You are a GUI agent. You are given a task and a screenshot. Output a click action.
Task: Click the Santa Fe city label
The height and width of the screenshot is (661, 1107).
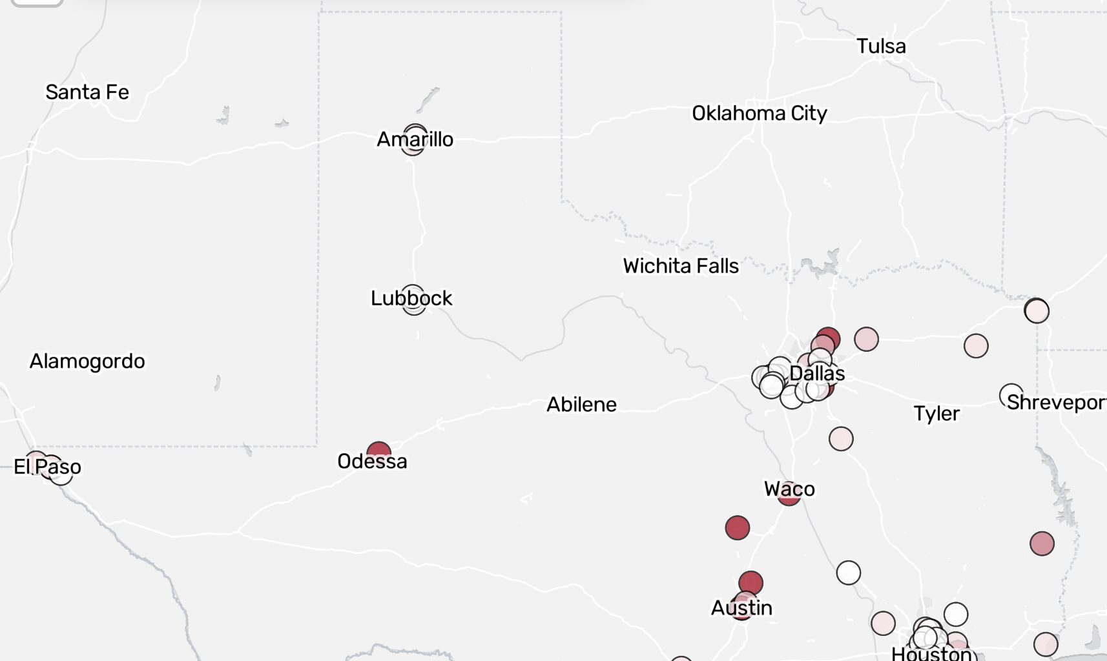[x=87, y=92]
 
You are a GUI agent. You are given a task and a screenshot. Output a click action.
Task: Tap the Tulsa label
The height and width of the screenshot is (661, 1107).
[x=881, y=46]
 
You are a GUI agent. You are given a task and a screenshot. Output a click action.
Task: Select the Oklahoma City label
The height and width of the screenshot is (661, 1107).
[x=760, y=114]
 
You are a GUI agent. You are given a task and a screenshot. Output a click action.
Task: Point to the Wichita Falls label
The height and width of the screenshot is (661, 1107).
[x=681, y=266]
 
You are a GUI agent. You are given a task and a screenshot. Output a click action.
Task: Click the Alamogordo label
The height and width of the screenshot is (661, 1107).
[x=87, y=361]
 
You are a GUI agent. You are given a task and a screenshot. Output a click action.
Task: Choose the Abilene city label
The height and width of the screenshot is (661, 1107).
[x=581, y=405]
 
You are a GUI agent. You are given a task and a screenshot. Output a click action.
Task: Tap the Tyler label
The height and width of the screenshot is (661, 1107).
[x=936, y=414]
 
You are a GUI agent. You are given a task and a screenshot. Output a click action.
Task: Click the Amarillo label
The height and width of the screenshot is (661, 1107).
[x=415, y=139]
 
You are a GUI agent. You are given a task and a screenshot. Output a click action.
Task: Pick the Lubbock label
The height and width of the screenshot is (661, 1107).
[x=411, y=298]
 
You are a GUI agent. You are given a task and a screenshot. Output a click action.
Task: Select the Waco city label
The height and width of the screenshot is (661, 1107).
[x=789, y=489]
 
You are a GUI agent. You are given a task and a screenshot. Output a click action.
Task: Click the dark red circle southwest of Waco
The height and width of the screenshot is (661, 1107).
[x=738, y=528]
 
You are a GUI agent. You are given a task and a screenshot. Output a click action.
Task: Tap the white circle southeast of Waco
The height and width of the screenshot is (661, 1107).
[x=849, y=573]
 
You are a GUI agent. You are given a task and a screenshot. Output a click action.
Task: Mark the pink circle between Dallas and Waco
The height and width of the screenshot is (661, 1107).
[x=841, y=439]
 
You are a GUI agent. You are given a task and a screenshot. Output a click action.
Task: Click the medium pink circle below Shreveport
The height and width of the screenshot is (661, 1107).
[x=1042, y=544]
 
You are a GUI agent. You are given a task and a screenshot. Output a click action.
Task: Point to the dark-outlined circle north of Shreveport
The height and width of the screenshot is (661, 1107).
[x=1037, y=311]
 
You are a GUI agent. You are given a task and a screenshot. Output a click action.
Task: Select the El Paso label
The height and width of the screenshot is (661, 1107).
[x=48, y=467]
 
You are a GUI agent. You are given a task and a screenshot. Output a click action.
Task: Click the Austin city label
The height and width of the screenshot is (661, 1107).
[x=741, y=608]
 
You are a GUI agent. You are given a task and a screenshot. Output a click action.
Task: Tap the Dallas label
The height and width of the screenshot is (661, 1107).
[x=817, y=374]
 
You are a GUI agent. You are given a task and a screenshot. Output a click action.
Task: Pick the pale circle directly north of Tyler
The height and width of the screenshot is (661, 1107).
[x=976, y=346]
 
